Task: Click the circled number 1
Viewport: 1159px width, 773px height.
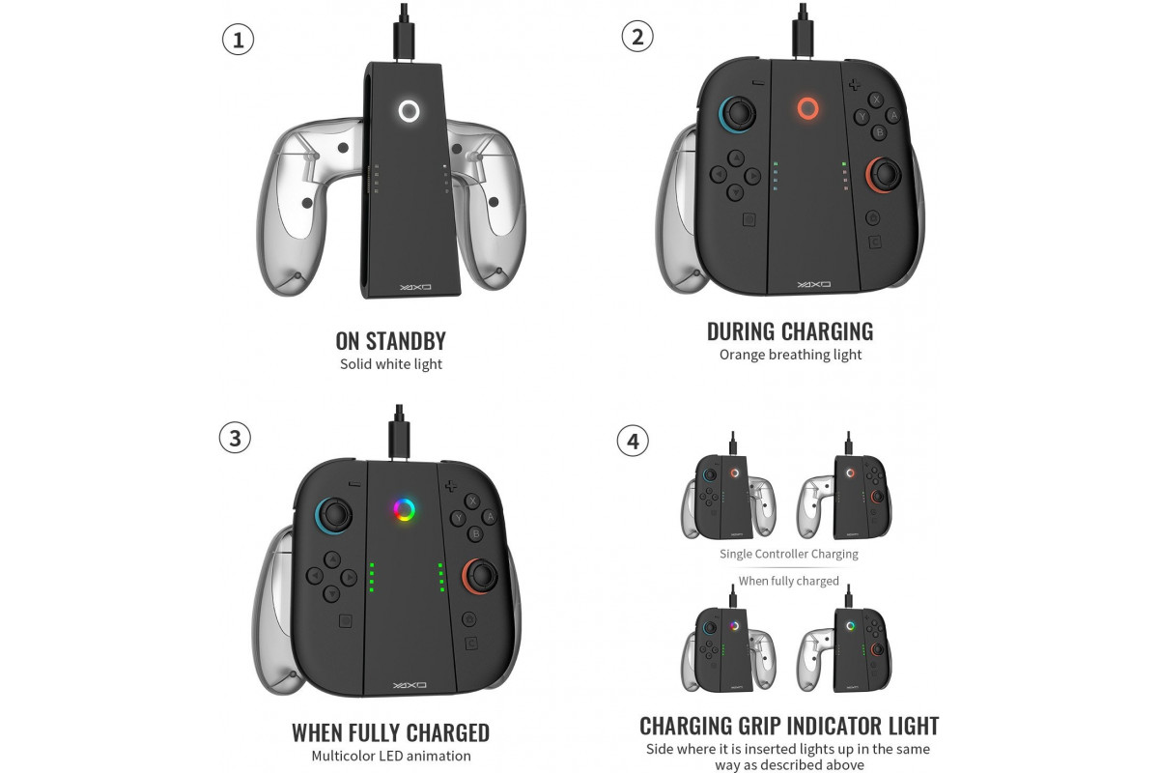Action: (x=238, y=40)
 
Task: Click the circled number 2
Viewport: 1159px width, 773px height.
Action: (x=637, y=37)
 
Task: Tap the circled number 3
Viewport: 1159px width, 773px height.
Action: (x=235, y=438)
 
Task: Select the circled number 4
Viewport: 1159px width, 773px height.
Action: (x=633, y=442)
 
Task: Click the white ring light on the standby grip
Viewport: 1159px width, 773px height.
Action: (x=409, y=100)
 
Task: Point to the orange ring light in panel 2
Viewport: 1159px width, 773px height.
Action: (x=807, y=99)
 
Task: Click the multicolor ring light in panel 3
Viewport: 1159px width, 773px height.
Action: (x=404, y=500)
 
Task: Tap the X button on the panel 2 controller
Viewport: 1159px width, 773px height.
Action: (x=875, y=100)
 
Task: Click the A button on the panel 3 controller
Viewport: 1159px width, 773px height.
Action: (x=490, y=516)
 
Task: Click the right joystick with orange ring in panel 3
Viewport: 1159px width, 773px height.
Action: (x=481, y=575)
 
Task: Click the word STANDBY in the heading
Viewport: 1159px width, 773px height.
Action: (x=406, y=341)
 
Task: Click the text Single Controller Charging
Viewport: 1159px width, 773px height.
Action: (x=788, y=554)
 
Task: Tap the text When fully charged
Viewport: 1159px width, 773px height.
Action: (x=788, y=581)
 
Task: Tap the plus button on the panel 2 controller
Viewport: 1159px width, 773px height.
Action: (x=854, y=84)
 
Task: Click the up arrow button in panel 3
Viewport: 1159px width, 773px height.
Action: (x=331, y=559)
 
